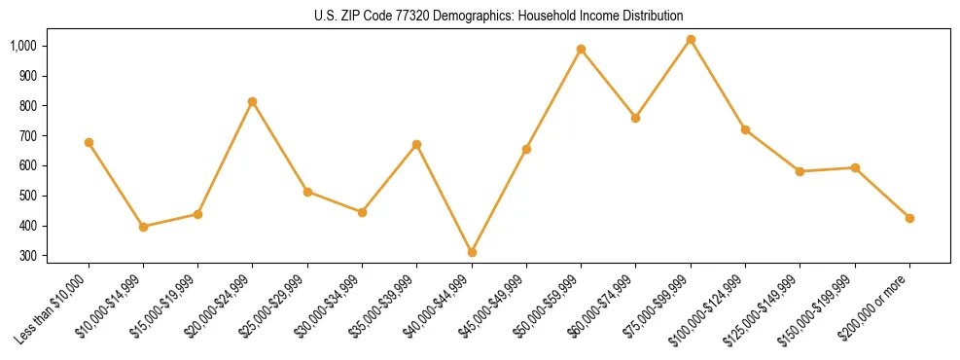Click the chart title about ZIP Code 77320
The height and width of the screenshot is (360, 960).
tap(499, 16)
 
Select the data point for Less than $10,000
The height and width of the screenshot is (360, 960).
tap(89, 143)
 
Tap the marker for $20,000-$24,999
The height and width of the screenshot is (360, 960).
tap(253, 101)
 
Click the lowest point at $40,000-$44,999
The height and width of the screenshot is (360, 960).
tap(472, 252)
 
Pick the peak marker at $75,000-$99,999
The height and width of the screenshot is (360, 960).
tap(691, 40)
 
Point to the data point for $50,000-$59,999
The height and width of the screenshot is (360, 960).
tap(581, 49)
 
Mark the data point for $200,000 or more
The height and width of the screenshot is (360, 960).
tap(909, 218)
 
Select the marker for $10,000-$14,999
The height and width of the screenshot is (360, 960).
tap(143, 227)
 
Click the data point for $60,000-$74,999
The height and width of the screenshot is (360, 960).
tap(635, 118)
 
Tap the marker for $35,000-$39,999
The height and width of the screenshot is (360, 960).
tap(417, 144)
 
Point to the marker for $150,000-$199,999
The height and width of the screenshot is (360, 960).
tap(855, 167)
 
